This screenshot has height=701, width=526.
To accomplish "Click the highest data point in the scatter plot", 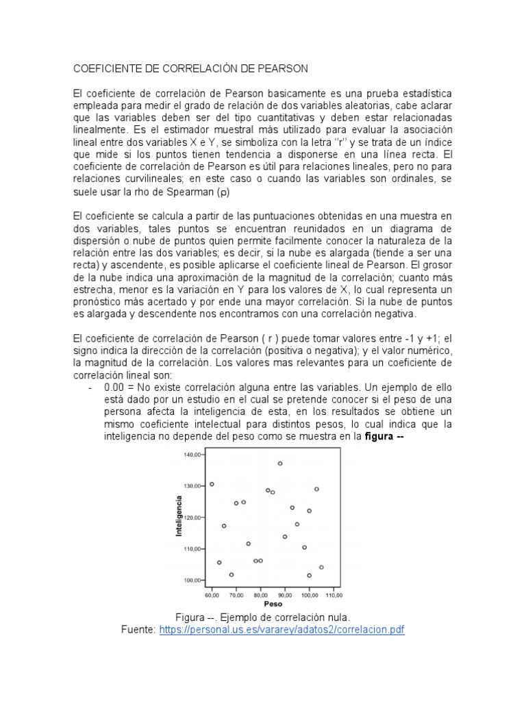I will [x=280, y=463].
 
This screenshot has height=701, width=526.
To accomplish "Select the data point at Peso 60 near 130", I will [x=212, y=484].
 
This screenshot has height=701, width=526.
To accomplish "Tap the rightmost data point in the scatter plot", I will [x=321, y=567].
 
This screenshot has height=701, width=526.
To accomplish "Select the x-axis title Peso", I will [x=273, y=604].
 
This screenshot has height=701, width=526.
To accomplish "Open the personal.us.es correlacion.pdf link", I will [x=282, y=629].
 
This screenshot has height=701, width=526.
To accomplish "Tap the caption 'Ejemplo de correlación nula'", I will [x=288, y=617].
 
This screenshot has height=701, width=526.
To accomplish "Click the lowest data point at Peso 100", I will [x=309, y=575].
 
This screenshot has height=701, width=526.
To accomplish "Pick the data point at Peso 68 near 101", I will [x=231, y=574].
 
